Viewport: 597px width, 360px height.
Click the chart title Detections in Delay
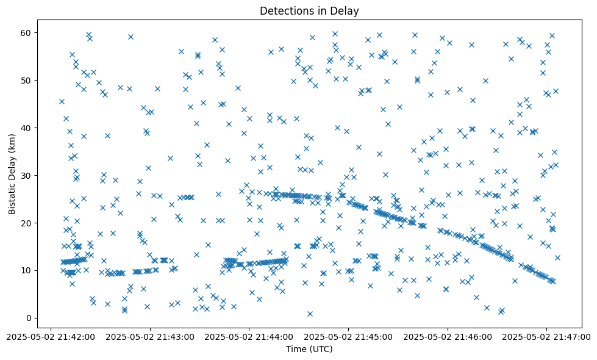(x=309, y=10)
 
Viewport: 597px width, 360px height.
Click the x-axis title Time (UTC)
(x=309, y=349)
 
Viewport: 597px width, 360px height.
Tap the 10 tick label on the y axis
(x=27, y=270)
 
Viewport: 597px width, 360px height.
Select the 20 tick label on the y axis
(x=27, y=223)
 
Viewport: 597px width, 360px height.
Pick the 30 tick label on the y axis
(x=27, y=175)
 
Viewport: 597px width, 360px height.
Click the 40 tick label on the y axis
(x=27, y=128)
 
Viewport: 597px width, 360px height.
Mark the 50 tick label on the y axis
(x=27, y=80)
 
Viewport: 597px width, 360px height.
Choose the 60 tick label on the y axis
(x=27, y=32)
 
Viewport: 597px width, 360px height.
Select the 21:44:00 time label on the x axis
(x=249, y=336)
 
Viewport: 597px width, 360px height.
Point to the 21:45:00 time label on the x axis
(x=348, y=336)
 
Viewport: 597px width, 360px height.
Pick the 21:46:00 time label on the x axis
(x=448, y=336)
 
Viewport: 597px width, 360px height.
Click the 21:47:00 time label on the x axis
(x=547, y=336)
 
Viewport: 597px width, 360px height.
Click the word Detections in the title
(x=285, y=10)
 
